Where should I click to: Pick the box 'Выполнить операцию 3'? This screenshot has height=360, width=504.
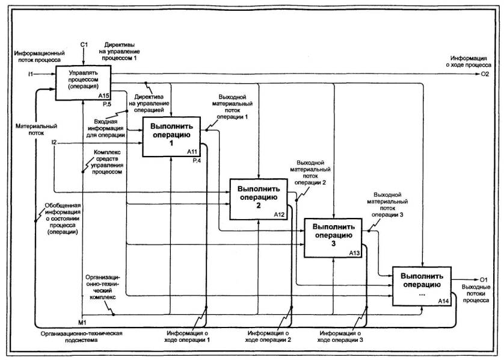333,236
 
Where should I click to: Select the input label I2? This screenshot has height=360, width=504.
54,143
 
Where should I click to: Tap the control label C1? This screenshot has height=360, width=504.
85,45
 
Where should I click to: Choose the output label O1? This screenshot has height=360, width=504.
484,279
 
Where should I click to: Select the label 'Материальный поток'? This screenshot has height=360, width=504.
36,129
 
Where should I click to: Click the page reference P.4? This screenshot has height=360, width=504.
196,161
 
